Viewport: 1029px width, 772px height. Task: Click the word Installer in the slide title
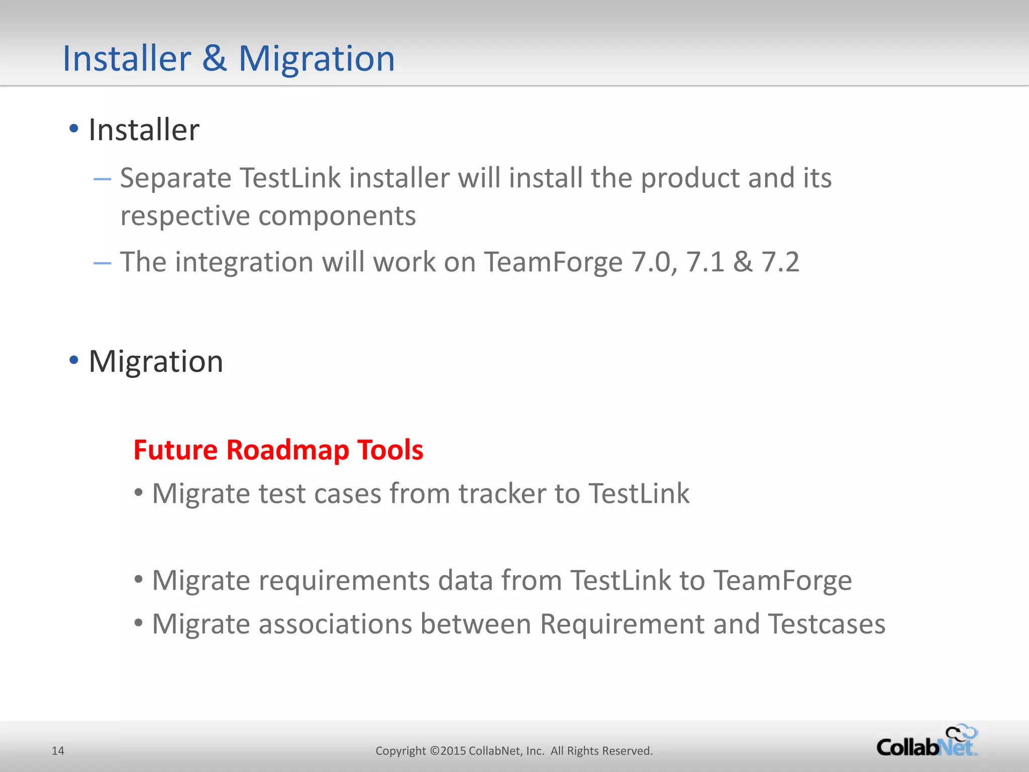tap(127, 59)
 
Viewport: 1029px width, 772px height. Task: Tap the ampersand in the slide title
tap(215, 59)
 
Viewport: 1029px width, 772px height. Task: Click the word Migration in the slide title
tap(317, 59)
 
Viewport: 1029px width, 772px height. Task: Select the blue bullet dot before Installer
tap(74, 129)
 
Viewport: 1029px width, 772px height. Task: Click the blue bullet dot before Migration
tap(74, 360)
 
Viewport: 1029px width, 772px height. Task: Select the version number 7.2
tap(780, 262)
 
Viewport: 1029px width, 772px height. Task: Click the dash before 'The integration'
tap(102, 263)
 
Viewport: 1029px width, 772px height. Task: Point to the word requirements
tap(344, 581)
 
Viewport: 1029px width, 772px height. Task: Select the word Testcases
tap(827, 624)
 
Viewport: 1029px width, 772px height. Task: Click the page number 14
tap(58, 751)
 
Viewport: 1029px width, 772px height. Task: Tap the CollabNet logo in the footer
tap(927, 742)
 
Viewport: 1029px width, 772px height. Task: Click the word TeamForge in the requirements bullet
tap(782, 581)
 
